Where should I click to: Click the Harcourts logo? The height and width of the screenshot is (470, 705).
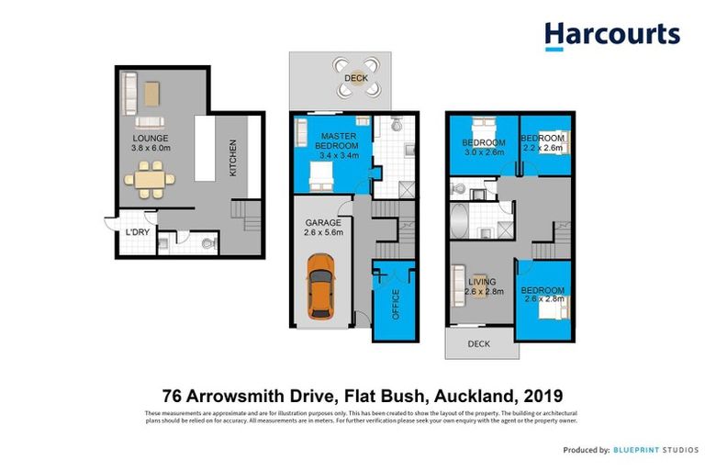[x=611, y=36]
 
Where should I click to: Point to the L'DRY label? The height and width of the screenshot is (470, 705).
[x=137, y=232]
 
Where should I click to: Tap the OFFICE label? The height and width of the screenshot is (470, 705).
[x=396, y=302]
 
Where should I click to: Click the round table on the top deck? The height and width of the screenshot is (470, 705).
[x=355, y=72]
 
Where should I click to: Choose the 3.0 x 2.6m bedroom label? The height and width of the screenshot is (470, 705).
[x=483, y=147]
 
